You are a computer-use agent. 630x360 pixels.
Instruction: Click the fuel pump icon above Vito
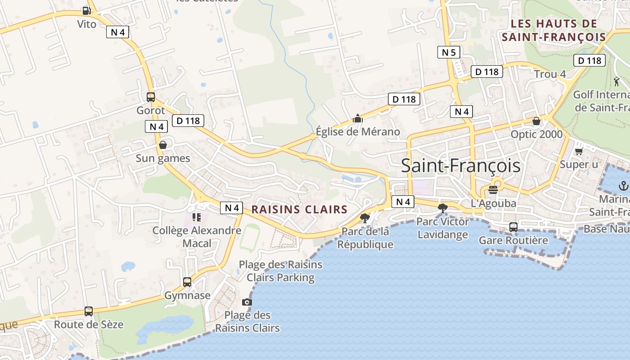coord(86,10)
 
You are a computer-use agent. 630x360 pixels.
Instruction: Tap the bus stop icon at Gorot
coord(151,97)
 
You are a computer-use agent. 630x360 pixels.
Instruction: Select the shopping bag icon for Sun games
coord(163,145)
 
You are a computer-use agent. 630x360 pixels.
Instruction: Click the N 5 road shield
coord(449,52)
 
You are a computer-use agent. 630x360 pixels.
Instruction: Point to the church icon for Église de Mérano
coord(358,118)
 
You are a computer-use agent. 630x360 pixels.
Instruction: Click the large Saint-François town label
coord(460,166)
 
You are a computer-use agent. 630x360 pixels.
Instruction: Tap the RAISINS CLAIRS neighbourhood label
coord(299,209)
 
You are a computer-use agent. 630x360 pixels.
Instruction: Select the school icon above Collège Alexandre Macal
coord(197,217)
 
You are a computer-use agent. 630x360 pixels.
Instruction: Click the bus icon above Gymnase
coord(187,282)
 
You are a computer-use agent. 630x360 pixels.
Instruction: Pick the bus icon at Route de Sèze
coord(89,311)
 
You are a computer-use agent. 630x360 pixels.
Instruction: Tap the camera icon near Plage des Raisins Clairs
coord(247,302)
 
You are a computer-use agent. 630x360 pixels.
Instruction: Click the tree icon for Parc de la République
coord(365,218)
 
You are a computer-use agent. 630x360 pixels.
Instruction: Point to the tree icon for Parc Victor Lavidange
coord(443,208)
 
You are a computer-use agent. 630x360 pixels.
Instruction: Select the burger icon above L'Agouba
coord(493,189)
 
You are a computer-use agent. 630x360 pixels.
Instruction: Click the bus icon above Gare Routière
coord(513,227)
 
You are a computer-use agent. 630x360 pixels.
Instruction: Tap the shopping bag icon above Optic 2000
coord(536,121)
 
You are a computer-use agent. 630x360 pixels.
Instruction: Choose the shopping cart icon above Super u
coord(579,151)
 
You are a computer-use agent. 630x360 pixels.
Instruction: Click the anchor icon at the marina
coord(623,185)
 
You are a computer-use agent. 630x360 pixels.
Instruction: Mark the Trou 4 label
coord(550,74)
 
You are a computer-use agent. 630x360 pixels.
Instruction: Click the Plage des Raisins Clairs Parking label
coord(280,271)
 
